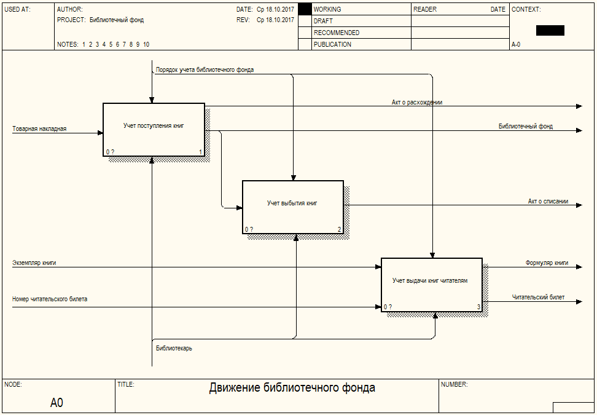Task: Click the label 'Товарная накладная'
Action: pos(39,129)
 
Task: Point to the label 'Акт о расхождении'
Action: pos(417,103)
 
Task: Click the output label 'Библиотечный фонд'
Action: pos(525,127)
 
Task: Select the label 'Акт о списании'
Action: pos(548,201)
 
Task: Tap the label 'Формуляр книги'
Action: pos(546,263)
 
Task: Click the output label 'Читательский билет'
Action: pos(538,298)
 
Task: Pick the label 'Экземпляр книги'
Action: pos(34,263)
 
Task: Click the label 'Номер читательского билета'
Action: pos(50,299)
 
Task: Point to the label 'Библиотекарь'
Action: pos(174,348)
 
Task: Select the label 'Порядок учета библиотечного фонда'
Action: pos(205,70)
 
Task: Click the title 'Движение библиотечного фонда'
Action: pos(292,388)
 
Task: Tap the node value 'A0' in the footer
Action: pos(57,403)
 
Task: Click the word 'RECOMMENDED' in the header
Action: pos(337,33)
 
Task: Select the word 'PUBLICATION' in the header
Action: pos(332,44)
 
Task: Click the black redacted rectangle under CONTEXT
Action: pos(550,30)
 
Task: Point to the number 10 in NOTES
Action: pos(146,44)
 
